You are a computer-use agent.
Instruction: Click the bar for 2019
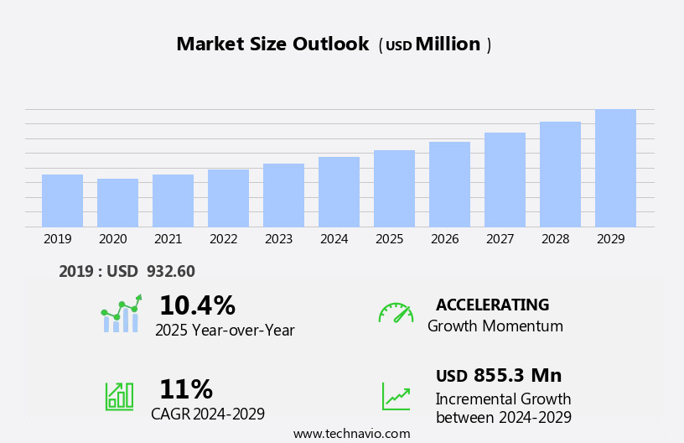pos(62,201)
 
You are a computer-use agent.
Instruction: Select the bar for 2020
pos(117,203)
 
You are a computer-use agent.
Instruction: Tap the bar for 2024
pos(339,192)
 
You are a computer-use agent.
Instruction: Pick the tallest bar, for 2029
pos(615,168)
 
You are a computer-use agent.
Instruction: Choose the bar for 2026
pos(449,185)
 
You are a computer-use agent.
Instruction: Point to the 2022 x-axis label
pos(224,239)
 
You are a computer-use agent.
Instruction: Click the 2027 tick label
pos(500,239)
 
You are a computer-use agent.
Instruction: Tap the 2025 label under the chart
pos(390,239)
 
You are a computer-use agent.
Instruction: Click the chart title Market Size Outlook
pos(272,44)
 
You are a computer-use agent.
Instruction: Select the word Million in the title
pos(448,44)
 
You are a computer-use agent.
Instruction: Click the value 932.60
pos(171,272)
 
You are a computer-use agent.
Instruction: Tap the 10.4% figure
pos(197,305)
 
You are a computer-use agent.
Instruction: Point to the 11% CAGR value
pos(186,389)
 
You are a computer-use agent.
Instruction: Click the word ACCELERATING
pos(492,305)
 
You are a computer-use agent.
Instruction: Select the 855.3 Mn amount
pos(517,376)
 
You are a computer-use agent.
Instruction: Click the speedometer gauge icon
pos(396,313)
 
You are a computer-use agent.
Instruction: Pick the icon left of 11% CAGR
pos(119,395)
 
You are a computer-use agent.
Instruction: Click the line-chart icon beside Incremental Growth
pos(396,396)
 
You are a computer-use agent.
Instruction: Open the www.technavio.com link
pos(351,434)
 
